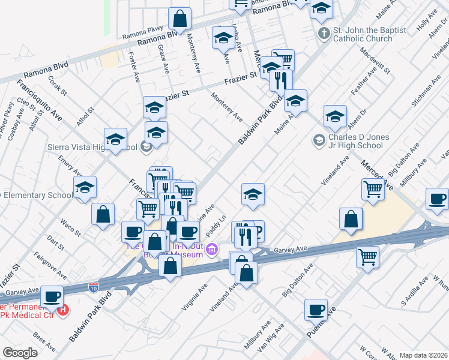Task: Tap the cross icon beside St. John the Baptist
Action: point(324,32)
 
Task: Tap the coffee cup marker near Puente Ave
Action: point(315,310)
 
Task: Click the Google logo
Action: point(20,352)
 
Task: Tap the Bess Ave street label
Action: point(44,342)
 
